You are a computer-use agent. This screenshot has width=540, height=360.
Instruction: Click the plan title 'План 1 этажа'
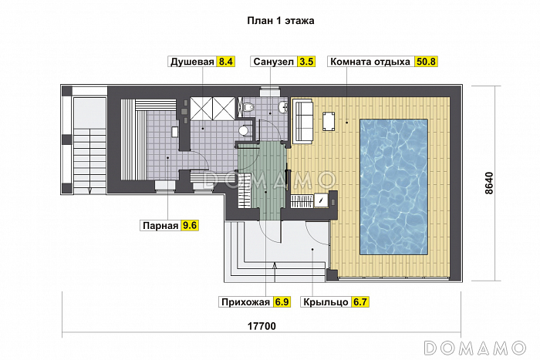281,21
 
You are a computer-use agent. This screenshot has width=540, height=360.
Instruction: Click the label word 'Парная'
159,226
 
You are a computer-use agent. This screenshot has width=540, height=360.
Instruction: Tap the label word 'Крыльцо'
326,302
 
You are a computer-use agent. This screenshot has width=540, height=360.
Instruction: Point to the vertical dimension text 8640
489,183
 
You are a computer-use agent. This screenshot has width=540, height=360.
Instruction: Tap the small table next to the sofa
329,122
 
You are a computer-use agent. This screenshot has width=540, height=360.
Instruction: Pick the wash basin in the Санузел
283,106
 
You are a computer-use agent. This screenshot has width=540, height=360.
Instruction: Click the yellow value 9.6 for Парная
190,226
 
